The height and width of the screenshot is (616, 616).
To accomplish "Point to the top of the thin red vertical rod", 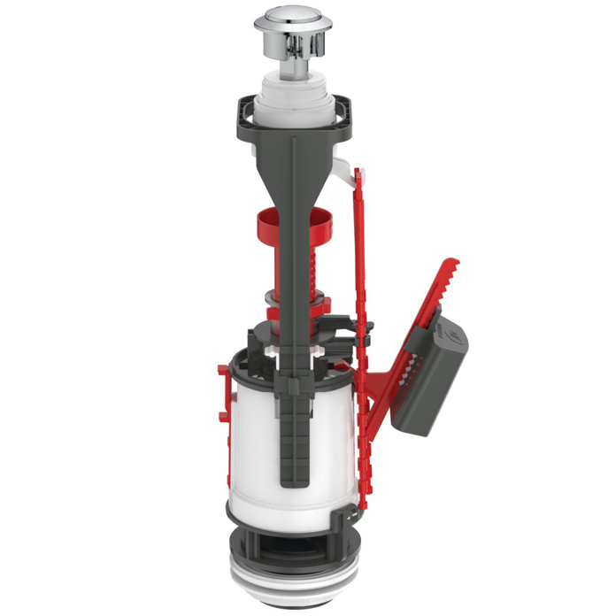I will (x=356, y=172).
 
